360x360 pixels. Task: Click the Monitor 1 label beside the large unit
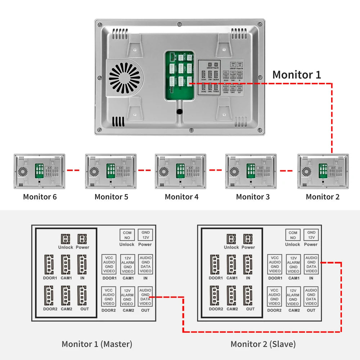pos(296,75)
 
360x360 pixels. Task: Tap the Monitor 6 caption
pos(40,197)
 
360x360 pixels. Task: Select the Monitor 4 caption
pos(181,197)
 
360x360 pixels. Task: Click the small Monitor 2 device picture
pos(323,171)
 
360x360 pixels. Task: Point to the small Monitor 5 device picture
pos(111,171)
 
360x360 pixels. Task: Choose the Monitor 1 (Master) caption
pos(97,344)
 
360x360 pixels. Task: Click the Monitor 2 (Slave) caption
pos(263,344)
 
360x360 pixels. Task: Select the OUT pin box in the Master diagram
pos(145,297)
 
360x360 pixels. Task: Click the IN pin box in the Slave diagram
pos(311,265)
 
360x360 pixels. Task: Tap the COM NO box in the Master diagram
pos(127,235)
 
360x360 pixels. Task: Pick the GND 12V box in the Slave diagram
pos(311,235)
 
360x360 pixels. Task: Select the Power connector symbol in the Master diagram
pos(82,239)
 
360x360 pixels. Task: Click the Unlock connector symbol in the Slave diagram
pos(231,239)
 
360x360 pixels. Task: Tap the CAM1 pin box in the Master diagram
pos(127,265)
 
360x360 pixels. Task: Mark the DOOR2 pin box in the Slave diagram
pos(274,297)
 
